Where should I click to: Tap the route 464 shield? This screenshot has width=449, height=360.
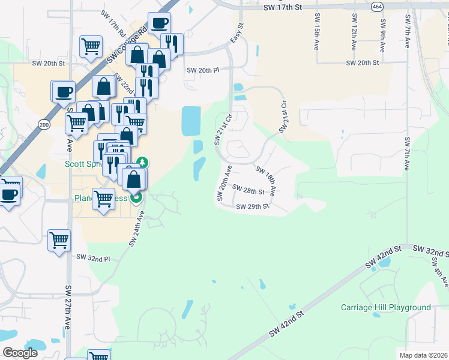click(377, 7)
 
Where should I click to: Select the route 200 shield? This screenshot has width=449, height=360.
click(44, 124)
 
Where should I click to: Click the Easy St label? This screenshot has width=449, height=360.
click(237, 34)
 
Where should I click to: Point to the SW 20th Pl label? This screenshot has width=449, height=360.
click(203, 70)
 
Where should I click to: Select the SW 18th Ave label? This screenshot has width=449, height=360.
click(266, 181)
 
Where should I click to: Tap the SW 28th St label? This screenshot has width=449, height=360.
click(249, 191)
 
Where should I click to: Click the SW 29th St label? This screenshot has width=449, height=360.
click(252, 206)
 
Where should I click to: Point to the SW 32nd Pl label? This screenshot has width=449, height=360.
click(94, 257)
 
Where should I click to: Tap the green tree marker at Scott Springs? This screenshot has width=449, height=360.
click(143, 162)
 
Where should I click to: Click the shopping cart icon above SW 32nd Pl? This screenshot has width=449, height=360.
click(59, 241)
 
